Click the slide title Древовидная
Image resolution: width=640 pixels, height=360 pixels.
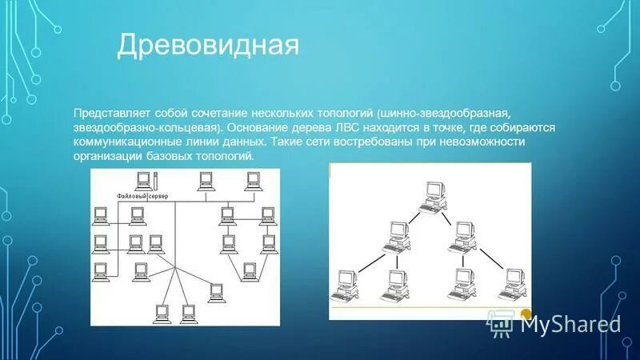click(x=208, y=46)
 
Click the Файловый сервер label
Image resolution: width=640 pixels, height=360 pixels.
click(x=142, y=196)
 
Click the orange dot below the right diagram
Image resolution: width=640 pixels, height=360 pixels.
click(x=526, y=314)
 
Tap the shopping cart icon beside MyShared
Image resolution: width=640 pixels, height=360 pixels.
click(x=500, y=322)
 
